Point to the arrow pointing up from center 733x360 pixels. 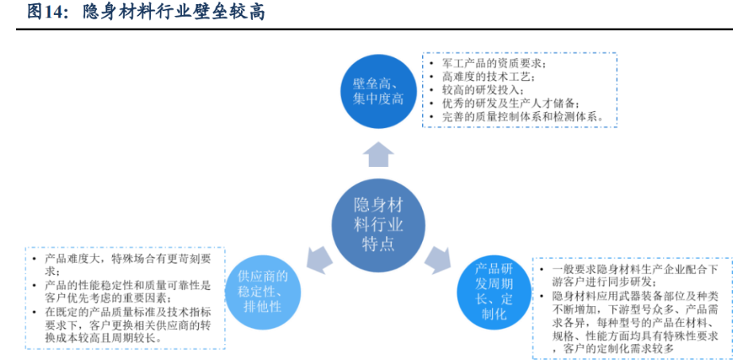pyautogui.click(x=378, y=153)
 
